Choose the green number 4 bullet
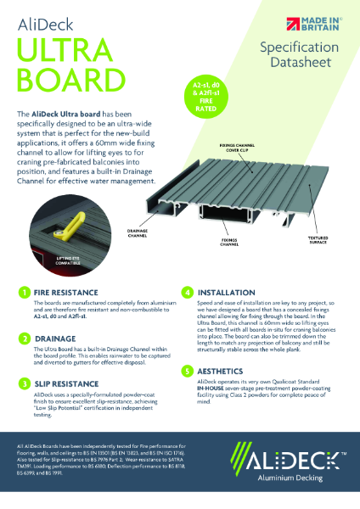click(188, 292)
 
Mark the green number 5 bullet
click(188, 371)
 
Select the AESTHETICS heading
click(224, 371)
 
